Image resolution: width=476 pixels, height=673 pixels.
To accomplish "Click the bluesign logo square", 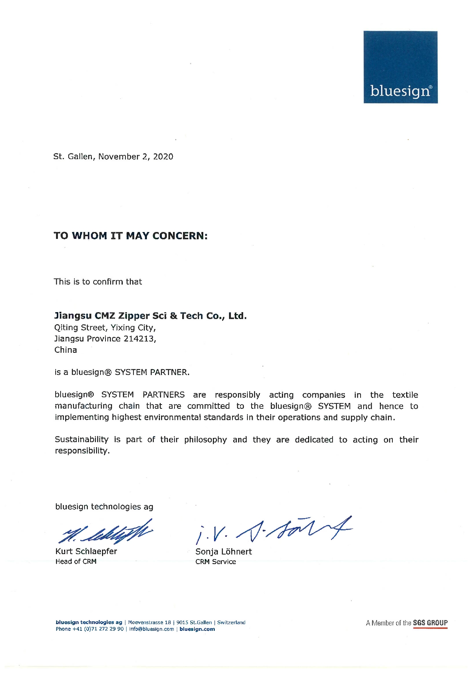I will pyautogui.click(x=400, y=67).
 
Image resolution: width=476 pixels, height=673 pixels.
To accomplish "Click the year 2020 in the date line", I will pyautogui.click(x=163, y=156).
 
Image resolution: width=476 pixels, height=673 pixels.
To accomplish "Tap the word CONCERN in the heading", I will pyautogui.click(x=180, y=235).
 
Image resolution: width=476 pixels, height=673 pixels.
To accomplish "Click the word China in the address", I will pyautogui.click(x=66, y=350).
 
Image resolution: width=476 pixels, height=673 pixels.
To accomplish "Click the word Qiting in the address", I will pyautogui.click(x=66, y=328).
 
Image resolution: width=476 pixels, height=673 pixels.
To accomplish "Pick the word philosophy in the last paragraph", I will pyautogui.click(x=205, y=440).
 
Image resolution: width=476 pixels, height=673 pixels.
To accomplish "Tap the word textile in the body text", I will pyautogui.click(x=405, y=395).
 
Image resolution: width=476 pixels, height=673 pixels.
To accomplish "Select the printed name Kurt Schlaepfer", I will pyautogui.click(x=86, y=551).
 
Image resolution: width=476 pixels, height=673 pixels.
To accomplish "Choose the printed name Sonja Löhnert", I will pyautogui.click(x=224, y=552).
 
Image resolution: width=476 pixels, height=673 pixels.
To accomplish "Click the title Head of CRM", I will pyautogui.click(x=76, y=561).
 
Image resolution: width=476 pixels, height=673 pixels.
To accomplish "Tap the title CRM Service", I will pyautogui.click(x=216, y=562).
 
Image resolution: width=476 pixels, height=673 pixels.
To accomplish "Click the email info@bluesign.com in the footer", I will pyautogui.click(x=151, y=629).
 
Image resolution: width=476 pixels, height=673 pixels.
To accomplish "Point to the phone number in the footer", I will pyautogui.click(x=89, y=629).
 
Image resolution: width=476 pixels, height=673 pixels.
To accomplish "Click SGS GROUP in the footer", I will pyautogui.click(x=430, y=623).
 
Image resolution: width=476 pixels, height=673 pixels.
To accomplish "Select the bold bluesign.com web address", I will pyautogui.click(x=197, y=629).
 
